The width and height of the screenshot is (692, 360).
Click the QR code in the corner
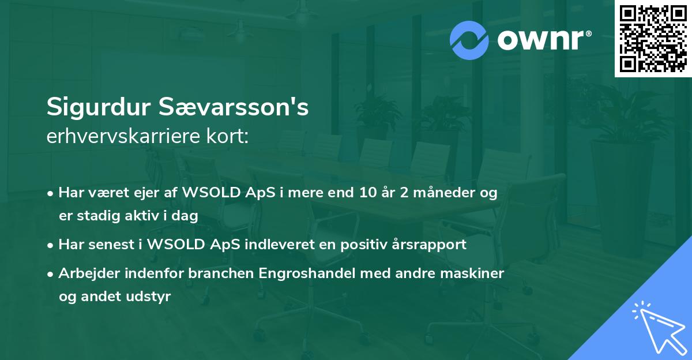click(653, 39)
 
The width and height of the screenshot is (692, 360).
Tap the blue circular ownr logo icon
click(469, 40)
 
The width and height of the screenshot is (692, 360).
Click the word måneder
click(442, 193)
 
